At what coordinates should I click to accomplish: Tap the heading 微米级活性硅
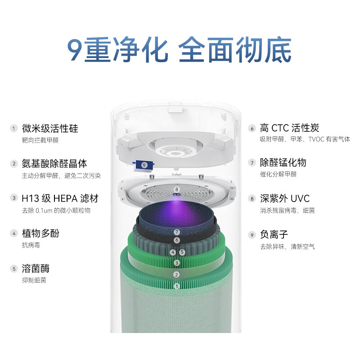coord(49,128)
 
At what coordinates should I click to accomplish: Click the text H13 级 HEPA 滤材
coord(59,198)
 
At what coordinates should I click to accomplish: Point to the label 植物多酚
coord(40,233)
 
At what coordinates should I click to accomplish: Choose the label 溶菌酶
coord(36,269)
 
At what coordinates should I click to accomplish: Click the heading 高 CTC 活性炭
coord(290,128)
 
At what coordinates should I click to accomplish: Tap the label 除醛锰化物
coord(283,162)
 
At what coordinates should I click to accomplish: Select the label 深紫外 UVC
coord(285,198)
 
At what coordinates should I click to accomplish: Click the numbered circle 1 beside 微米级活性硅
coord(14,129)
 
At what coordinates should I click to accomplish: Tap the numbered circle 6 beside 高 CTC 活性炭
coord(252,128)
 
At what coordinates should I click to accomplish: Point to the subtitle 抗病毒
coord(31,245)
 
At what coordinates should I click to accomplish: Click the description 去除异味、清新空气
coord(287,247)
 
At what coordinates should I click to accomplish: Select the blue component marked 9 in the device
coord(144,165)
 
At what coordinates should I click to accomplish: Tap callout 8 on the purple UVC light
coord(177,189)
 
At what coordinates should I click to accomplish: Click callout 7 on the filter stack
coord(177,232)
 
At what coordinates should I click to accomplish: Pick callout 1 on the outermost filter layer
coord(177,286)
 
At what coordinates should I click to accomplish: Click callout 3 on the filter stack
coord(177,263)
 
